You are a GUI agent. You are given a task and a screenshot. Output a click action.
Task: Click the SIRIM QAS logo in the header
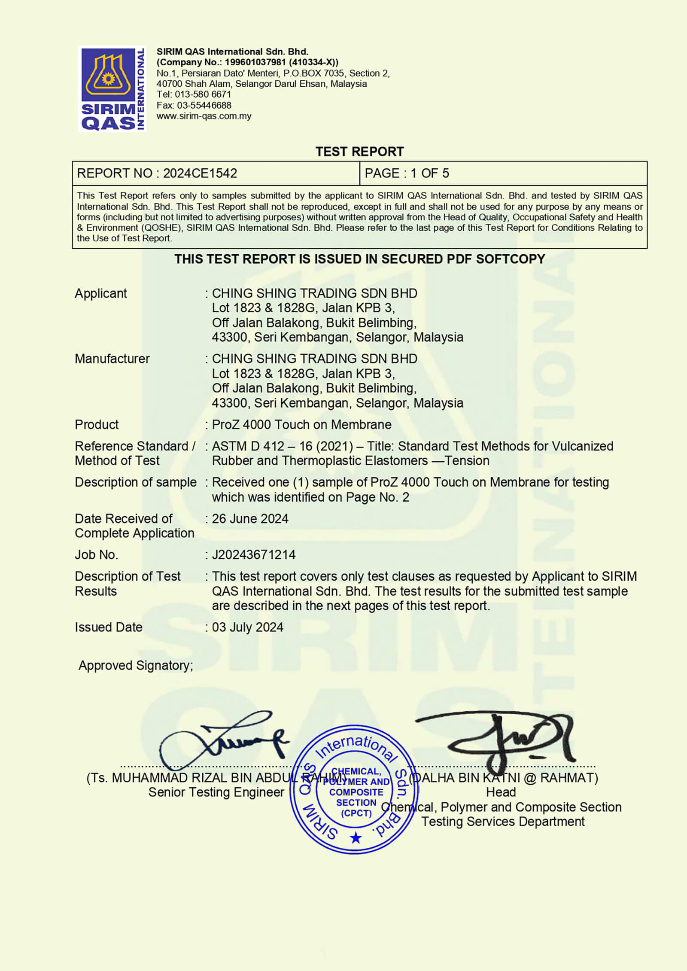click(112, 88)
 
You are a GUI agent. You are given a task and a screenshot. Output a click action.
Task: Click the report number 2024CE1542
click(200, 173)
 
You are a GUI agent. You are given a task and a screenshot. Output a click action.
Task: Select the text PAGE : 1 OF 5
click(407, 173)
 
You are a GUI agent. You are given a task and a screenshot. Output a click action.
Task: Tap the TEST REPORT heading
click(359, 152)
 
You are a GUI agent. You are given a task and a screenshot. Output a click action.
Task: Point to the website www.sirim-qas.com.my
click(204, 116)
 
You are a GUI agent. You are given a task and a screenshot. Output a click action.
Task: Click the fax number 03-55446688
click(204, 105)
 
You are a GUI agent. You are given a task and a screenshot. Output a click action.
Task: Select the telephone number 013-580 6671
click(203, 94)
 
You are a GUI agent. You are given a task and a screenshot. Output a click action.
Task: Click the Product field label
click(97, 424)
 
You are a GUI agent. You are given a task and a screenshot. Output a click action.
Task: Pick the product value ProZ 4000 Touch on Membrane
click(301, 424)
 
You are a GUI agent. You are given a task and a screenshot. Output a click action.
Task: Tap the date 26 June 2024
click(250, 519)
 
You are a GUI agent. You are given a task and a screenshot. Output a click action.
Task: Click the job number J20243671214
click(254, 554)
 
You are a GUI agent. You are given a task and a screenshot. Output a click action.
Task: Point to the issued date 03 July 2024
click(248, 627)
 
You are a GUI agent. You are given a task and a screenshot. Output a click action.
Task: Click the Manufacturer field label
click(112, 359)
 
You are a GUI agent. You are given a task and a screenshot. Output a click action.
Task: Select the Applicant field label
click(101, 293)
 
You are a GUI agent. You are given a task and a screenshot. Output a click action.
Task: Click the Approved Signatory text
click(136, 665)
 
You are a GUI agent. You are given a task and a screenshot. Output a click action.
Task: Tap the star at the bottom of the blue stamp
click(356, 837)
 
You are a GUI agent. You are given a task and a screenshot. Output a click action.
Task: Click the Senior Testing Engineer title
click(216, 792)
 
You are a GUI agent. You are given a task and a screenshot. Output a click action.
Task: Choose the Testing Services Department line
click(503, 821)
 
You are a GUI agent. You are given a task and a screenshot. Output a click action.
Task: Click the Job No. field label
click(96, 554)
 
